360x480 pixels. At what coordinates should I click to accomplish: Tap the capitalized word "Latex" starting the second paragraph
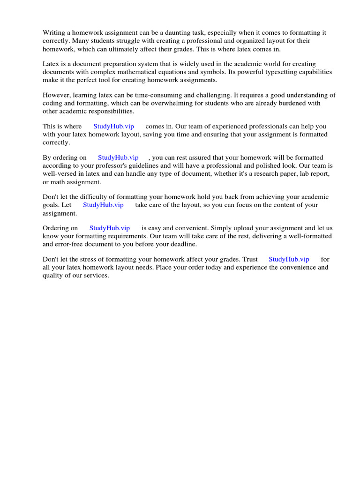coord(51,64)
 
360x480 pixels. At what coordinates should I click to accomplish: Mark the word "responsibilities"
coord(111,111)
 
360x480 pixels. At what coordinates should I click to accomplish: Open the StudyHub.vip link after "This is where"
coord(114,126)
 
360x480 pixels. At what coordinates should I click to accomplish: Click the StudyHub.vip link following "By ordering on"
coord(118,157)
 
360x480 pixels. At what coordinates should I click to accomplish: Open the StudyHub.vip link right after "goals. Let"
coord(103,205)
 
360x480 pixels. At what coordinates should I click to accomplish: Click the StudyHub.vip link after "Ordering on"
coord(110,228)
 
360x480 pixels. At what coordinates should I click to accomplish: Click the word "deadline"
coord(184,244)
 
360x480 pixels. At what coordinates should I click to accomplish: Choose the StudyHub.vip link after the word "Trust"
coord(289,259)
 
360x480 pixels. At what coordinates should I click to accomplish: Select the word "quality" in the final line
coord(53,275)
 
